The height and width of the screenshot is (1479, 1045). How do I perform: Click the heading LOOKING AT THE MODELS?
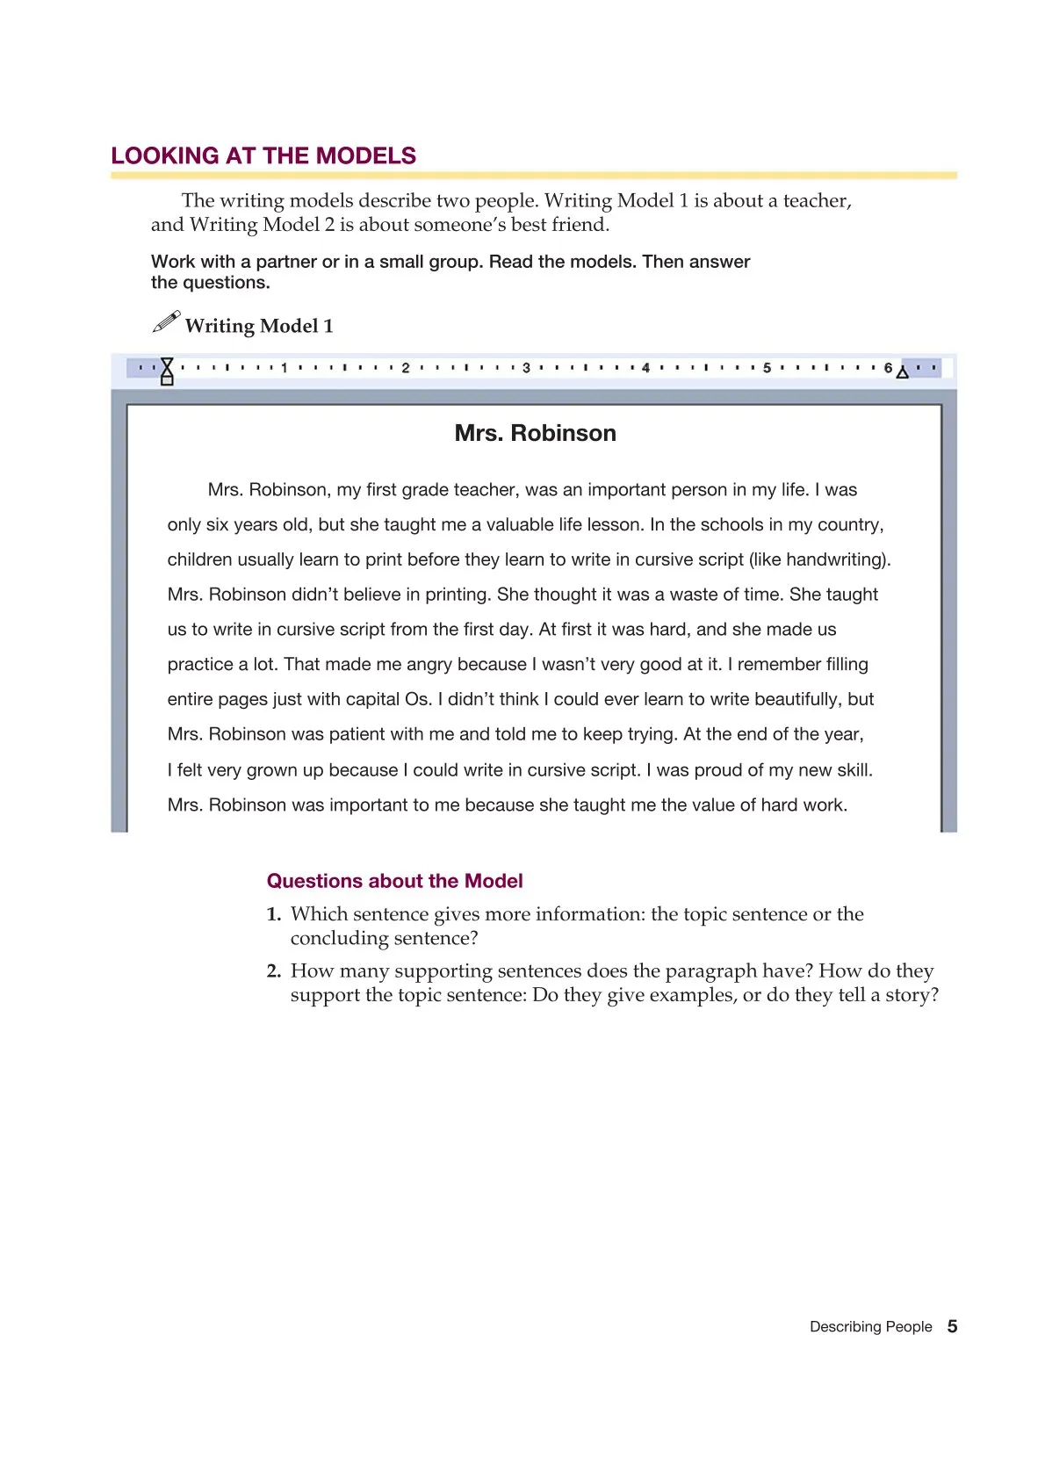click(263, 156)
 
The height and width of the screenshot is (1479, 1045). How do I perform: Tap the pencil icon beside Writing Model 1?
click(166, 322)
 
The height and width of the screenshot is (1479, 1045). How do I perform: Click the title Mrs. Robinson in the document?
click(535, 433)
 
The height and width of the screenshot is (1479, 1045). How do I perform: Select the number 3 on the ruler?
click(526, 368)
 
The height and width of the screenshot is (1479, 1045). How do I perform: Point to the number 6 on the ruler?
click(888, 368)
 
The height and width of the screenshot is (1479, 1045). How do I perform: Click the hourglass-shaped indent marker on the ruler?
click(167, 371)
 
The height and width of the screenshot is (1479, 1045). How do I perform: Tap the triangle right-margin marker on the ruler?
click(902, 372)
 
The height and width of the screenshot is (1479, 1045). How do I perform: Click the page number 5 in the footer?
click(952, 1326)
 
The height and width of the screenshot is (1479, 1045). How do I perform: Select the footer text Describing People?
click(870, 1327)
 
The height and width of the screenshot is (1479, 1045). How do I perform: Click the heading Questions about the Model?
click(394, 881)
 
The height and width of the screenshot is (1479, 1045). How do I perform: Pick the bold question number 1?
click(273, 914)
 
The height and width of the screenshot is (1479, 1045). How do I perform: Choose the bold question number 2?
click(273, 971)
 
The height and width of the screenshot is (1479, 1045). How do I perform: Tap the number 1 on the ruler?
click(284, 368)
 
